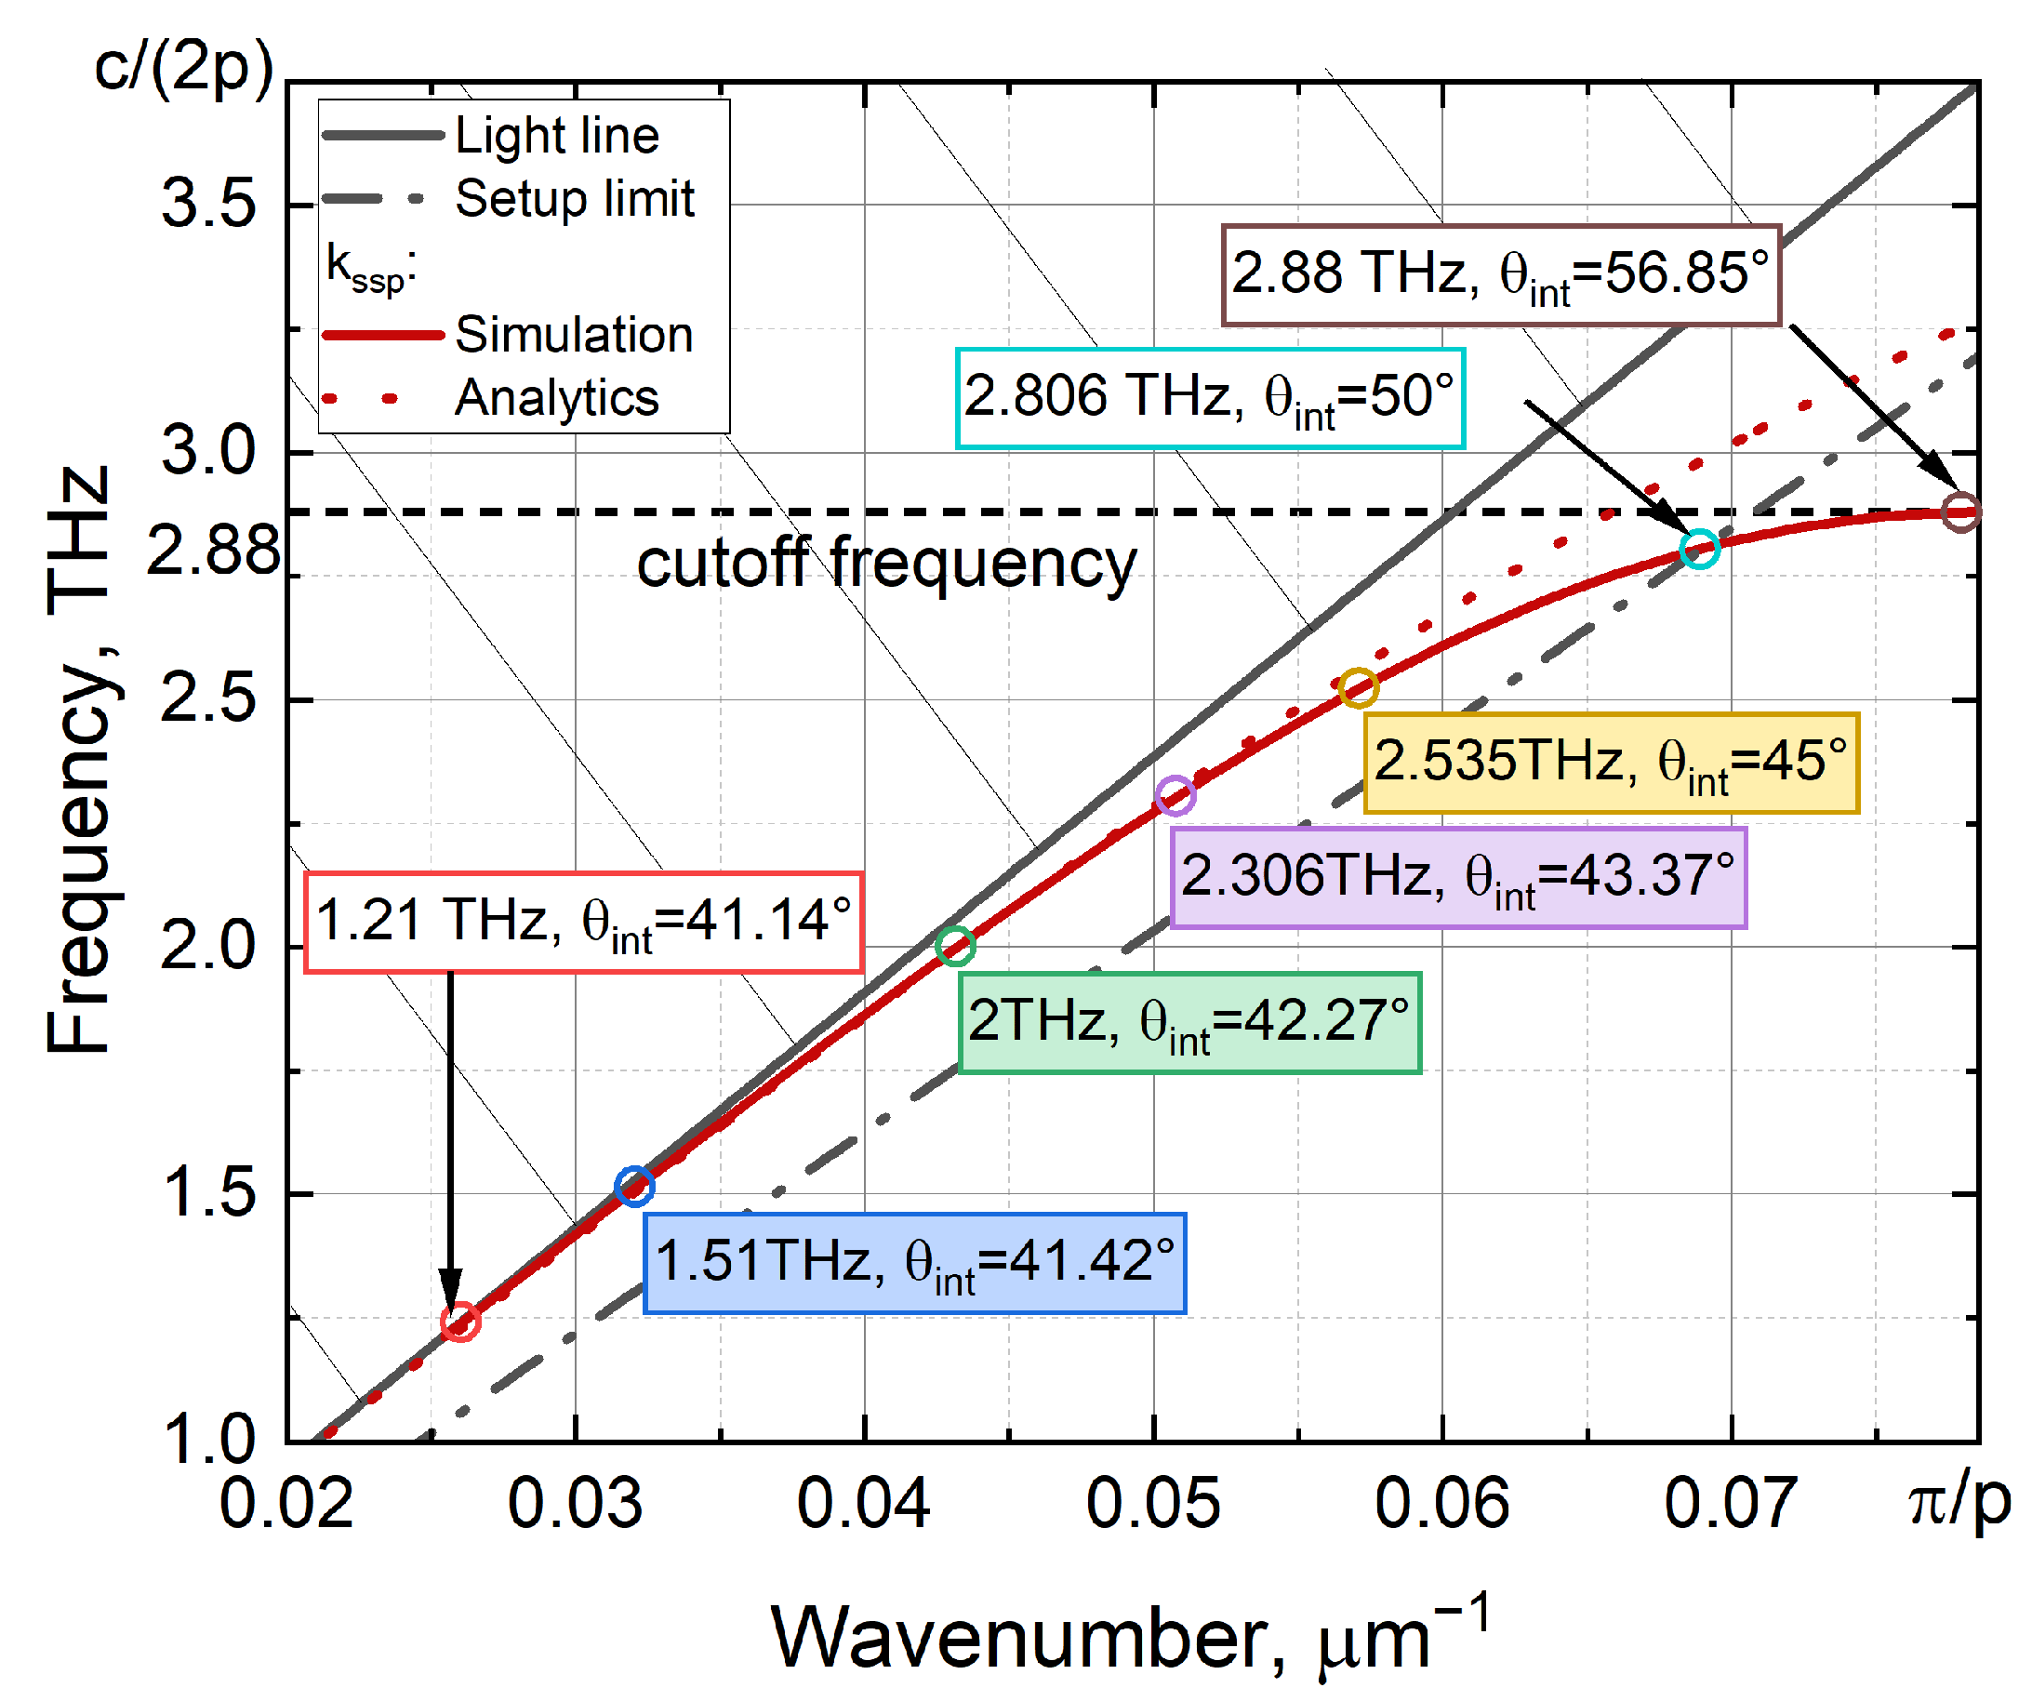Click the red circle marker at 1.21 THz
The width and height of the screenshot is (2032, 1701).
pyautogui.click(x=460, y=1322)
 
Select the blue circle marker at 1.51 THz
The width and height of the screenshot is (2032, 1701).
pyautogui.click(x=635, y=1187)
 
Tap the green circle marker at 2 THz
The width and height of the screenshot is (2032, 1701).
pyautogui.click(x=956, y=946)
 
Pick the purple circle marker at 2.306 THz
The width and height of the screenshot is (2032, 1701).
pyautogui.click(x=1175, y=795)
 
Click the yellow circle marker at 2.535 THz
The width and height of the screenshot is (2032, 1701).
pyautogui.click(x=1359, y=688)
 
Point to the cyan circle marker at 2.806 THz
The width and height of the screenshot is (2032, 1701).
pyautogui.click(x=1700, y=549)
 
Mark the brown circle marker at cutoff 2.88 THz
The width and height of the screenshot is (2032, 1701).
pyautogui.click(x=1962, y=512)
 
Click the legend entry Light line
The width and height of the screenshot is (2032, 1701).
pyautogui.click(x=556, y=136)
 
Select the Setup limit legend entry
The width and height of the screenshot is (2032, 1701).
pyautogui.click(x=574, y=199)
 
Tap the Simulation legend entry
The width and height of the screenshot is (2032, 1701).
pyautogui.click(x=573, y=335)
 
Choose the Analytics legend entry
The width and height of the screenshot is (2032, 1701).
pyautogui.click(x=556, y=398)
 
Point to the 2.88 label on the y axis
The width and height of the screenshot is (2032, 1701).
pyautogui.click(x=213, y=551)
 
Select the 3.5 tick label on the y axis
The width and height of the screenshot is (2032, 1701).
pyautogui.click(x=208, y=205)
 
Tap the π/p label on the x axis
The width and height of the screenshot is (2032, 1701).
pyautogui.click(x=1959, y=1503)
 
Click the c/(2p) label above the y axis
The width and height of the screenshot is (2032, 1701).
pyautogui.click(x=184, y=68)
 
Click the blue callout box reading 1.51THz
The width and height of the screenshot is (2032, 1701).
pyautogui.click(x=915, y=1264)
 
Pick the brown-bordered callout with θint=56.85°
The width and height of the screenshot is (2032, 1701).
pyautogui.click(x=1501, y=274)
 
